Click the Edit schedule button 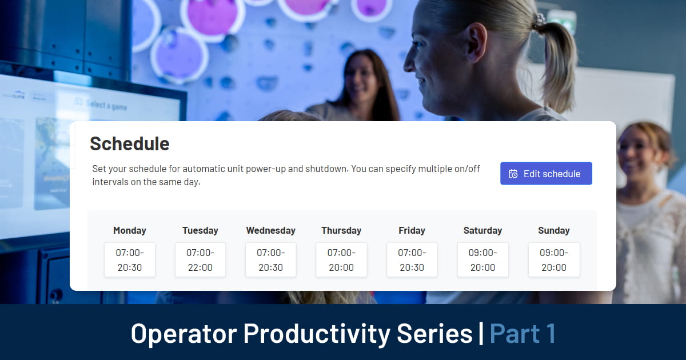[546, 174]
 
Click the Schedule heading [130, 143]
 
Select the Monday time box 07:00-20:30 [130, 260]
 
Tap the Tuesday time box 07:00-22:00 [200, 260]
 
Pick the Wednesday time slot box [270, 260]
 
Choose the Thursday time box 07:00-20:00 [341, 260]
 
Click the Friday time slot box [412, 260]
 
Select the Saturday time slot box [482, 260]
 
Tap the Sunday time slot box [553, 260]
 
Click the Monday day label [130, 231]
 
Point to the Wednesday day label [270, 231]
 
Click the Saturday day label [482, 231]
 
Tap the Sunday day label [553, 231]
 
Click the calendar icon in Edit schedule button [513, 174]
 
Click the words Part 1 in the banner [523, 333]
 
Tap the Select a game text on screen [106, 105]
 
